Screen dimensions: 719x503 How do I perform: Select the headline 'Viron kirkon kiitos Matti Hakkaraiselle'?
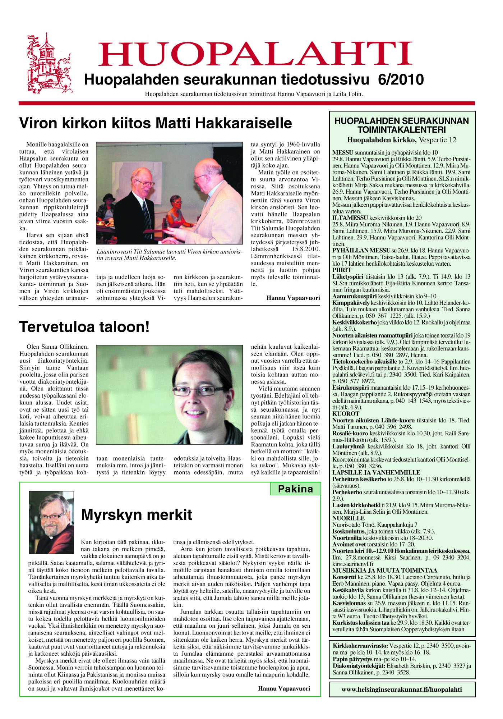coord(155,123)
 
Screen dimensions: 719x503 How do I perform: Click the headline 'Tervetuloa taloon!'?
coord(84,327)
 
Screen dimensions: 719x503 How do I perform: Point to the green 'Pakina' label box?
coord(295,489)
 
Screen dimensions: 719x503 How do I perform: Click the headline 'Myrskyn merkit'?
coord(137,515)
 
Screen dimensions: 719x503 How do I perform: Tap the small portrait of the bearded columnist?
coord(51,517)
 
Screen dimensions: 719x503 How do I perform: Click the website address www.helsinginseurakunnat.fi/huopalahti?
coord(402,689)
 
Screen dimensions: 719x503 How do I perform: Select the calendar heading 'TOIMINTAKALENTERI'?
coord(401,130)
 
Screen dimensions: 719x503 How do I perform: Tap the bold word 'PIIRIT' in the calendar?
coord(342,270)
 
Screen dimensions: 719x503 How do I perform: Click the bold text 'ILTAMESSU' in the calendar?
coord(350,218)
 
